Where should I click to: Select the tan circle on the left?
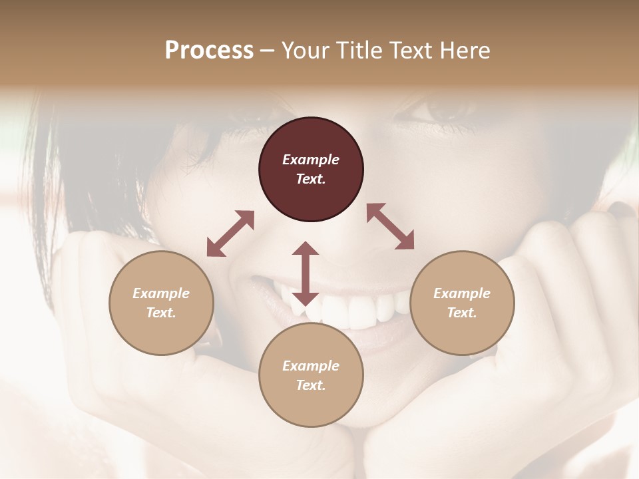click(x=161, y=303)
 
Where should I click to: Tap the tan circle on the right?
click(x=462, y=303)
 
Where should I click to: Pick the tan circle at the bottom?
click(x=311, y=375)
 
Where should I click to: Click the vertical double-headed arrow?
click(x=306, y=273)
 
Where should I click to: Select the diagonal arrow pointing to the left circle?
click(x=230, y=234)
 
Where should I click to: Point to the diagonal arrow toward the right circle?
click(x=390, y=227)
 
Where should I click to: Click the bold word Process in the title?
click(x=209, y=50)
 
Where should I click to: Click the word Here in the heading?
click(x=464, y=50)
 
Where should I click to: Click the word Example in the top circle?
click(x=311, y=160)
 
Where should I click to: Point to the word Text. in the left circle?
click(x=161, y=313)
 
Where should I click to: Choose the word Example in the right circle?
click(x=462, y=293)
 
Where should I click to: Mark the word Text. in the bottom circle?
click(x=311, y=385)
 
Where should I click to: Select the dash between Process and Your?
click(x=268, y=51)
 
